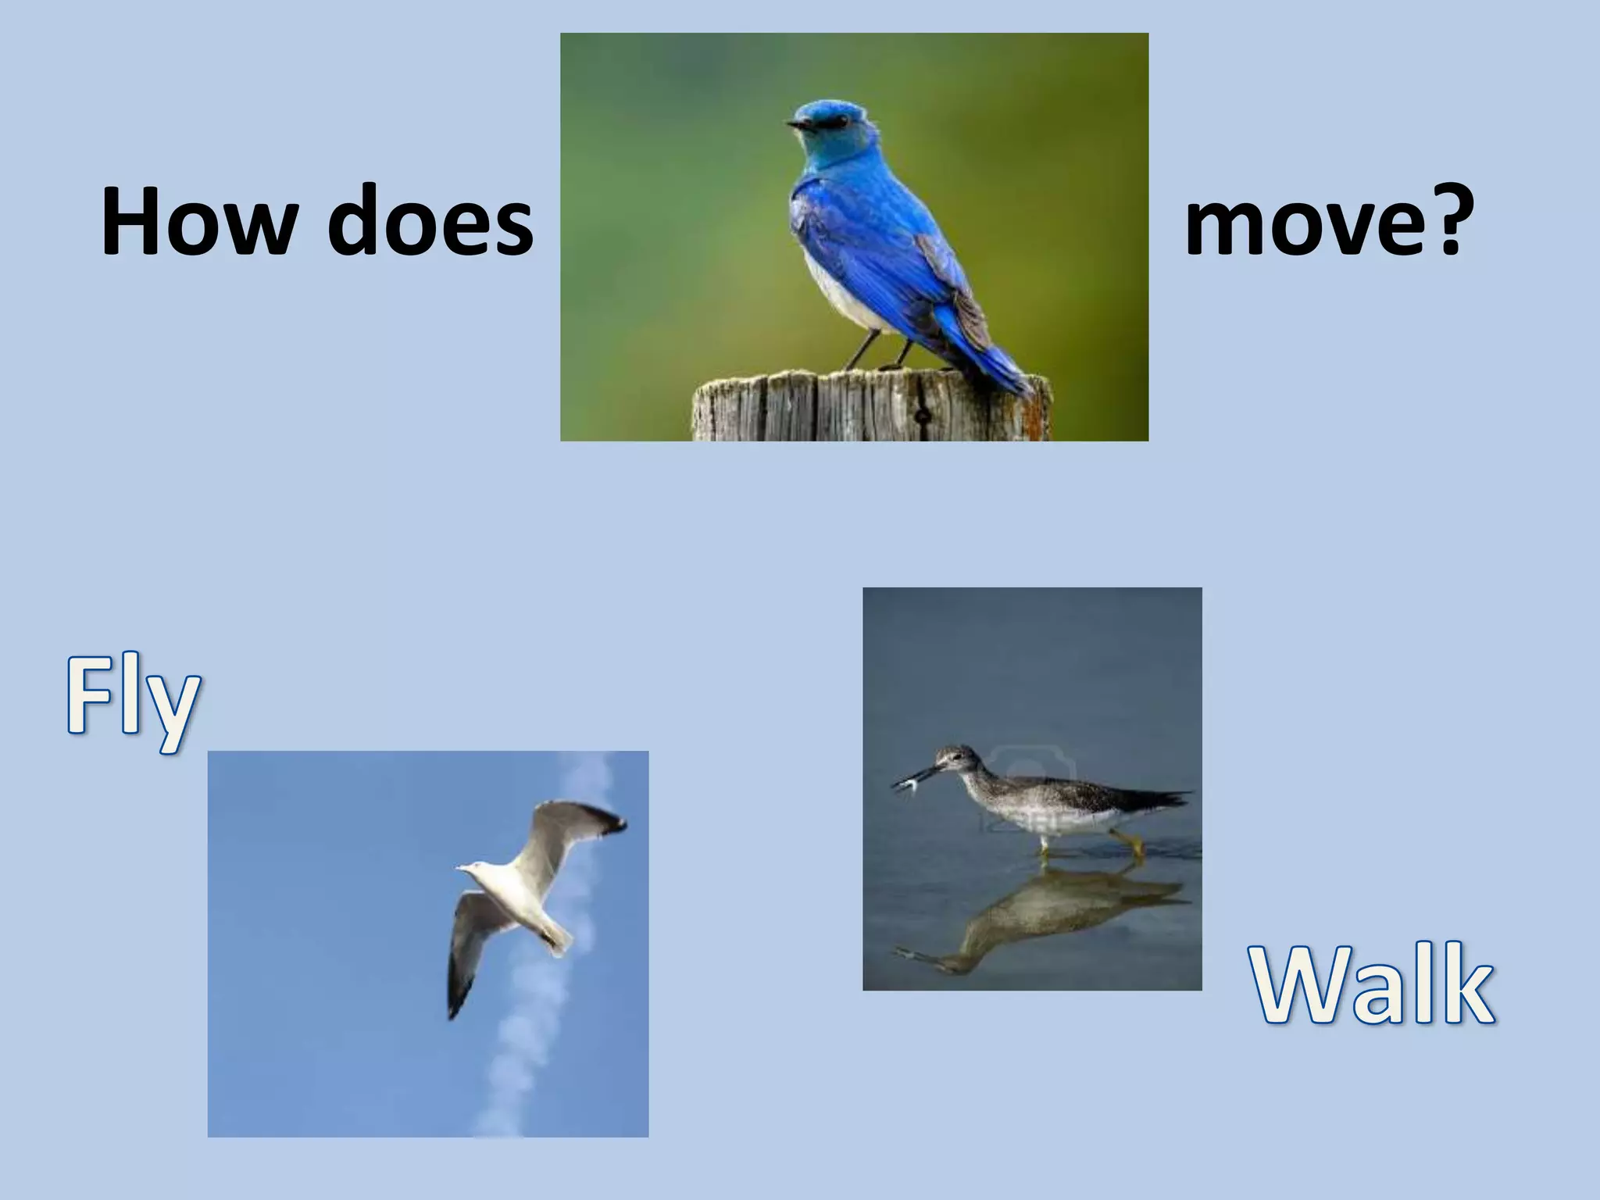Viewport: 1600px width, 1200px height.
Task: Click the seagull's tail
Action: (x=558, y=937)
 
